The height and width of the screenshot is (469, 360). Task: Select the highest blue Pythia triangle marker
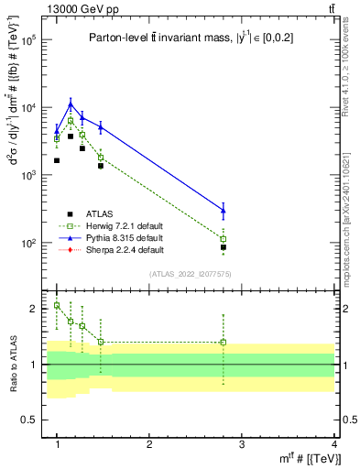[x=71, y=104]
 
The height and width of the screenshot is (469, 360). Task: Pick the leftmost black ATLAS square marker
[x=57, y=160]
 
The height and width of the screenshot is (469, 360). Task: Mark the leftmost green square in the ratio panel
[x=57, y=305]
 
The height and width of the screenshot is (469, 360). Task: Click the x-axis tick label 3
[x=241, y=443]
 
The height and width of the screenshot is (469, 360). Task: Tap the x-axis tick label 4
[x=333, y=443]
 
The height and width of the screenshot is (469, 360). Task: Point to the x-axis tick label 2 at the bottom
[x=149, y=443]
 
